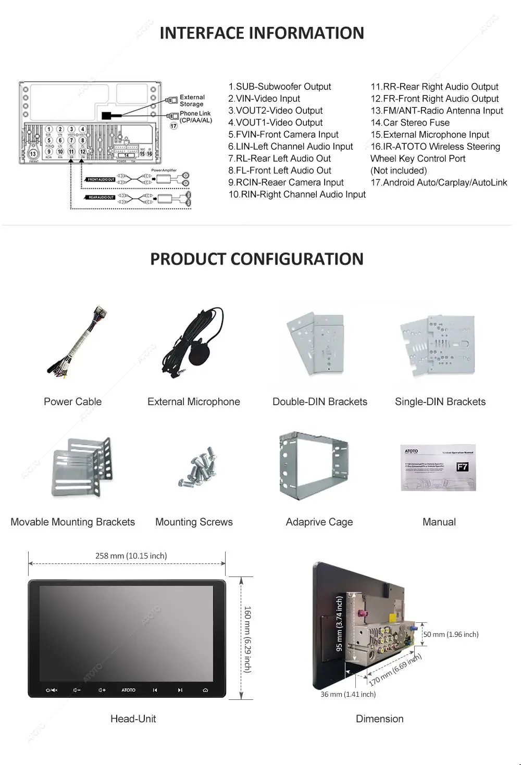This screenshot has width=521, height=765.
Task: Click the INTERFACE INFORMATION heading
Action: click(262, 33)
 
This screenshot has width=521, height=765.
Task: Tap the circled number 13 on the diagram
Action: click(33, 154)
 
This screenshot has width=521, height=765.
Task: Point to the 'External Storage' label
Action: click(192, 101)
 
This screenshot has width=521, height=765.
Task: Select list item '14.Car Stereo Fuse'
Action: click(410, 123)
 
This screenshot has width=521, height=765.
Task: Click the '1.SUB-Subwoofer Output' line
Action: click(279, 87)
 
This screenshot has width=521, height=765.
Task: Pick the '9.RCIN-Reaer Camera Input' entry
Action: click(286, 183)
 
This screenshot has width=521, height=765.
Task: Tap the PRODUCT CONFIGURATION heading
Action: click(257, 259)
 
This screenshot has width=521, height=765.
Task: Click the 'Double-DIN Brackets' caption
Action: click(319, 402)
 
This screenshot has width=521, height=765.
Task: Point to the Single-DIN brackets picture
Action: click(438, 345)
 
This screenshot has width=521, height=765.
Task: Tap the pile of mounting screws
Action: click(196, 467)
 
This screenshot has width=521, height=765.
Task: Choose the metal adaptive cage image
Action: click(314, 465)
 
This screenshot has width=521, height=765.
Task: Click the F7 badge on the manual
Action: click(462, 467)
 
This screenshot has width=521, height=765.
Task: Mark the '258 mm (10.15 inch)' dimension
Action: click(131, 556)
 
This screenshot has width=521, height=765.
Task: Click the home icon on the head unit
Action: click(205, 690)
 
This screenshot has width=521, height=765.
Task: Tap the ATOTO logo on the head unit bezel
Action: click(128, 690)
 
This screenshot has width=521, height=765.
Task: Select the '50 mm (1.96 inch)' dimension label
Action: click(451, 635)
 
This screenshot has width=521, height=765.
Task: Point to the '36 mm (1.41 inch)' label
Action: click(348, 694)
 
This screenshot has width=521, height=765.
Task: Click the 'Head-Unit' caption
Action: click(133, 719)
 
